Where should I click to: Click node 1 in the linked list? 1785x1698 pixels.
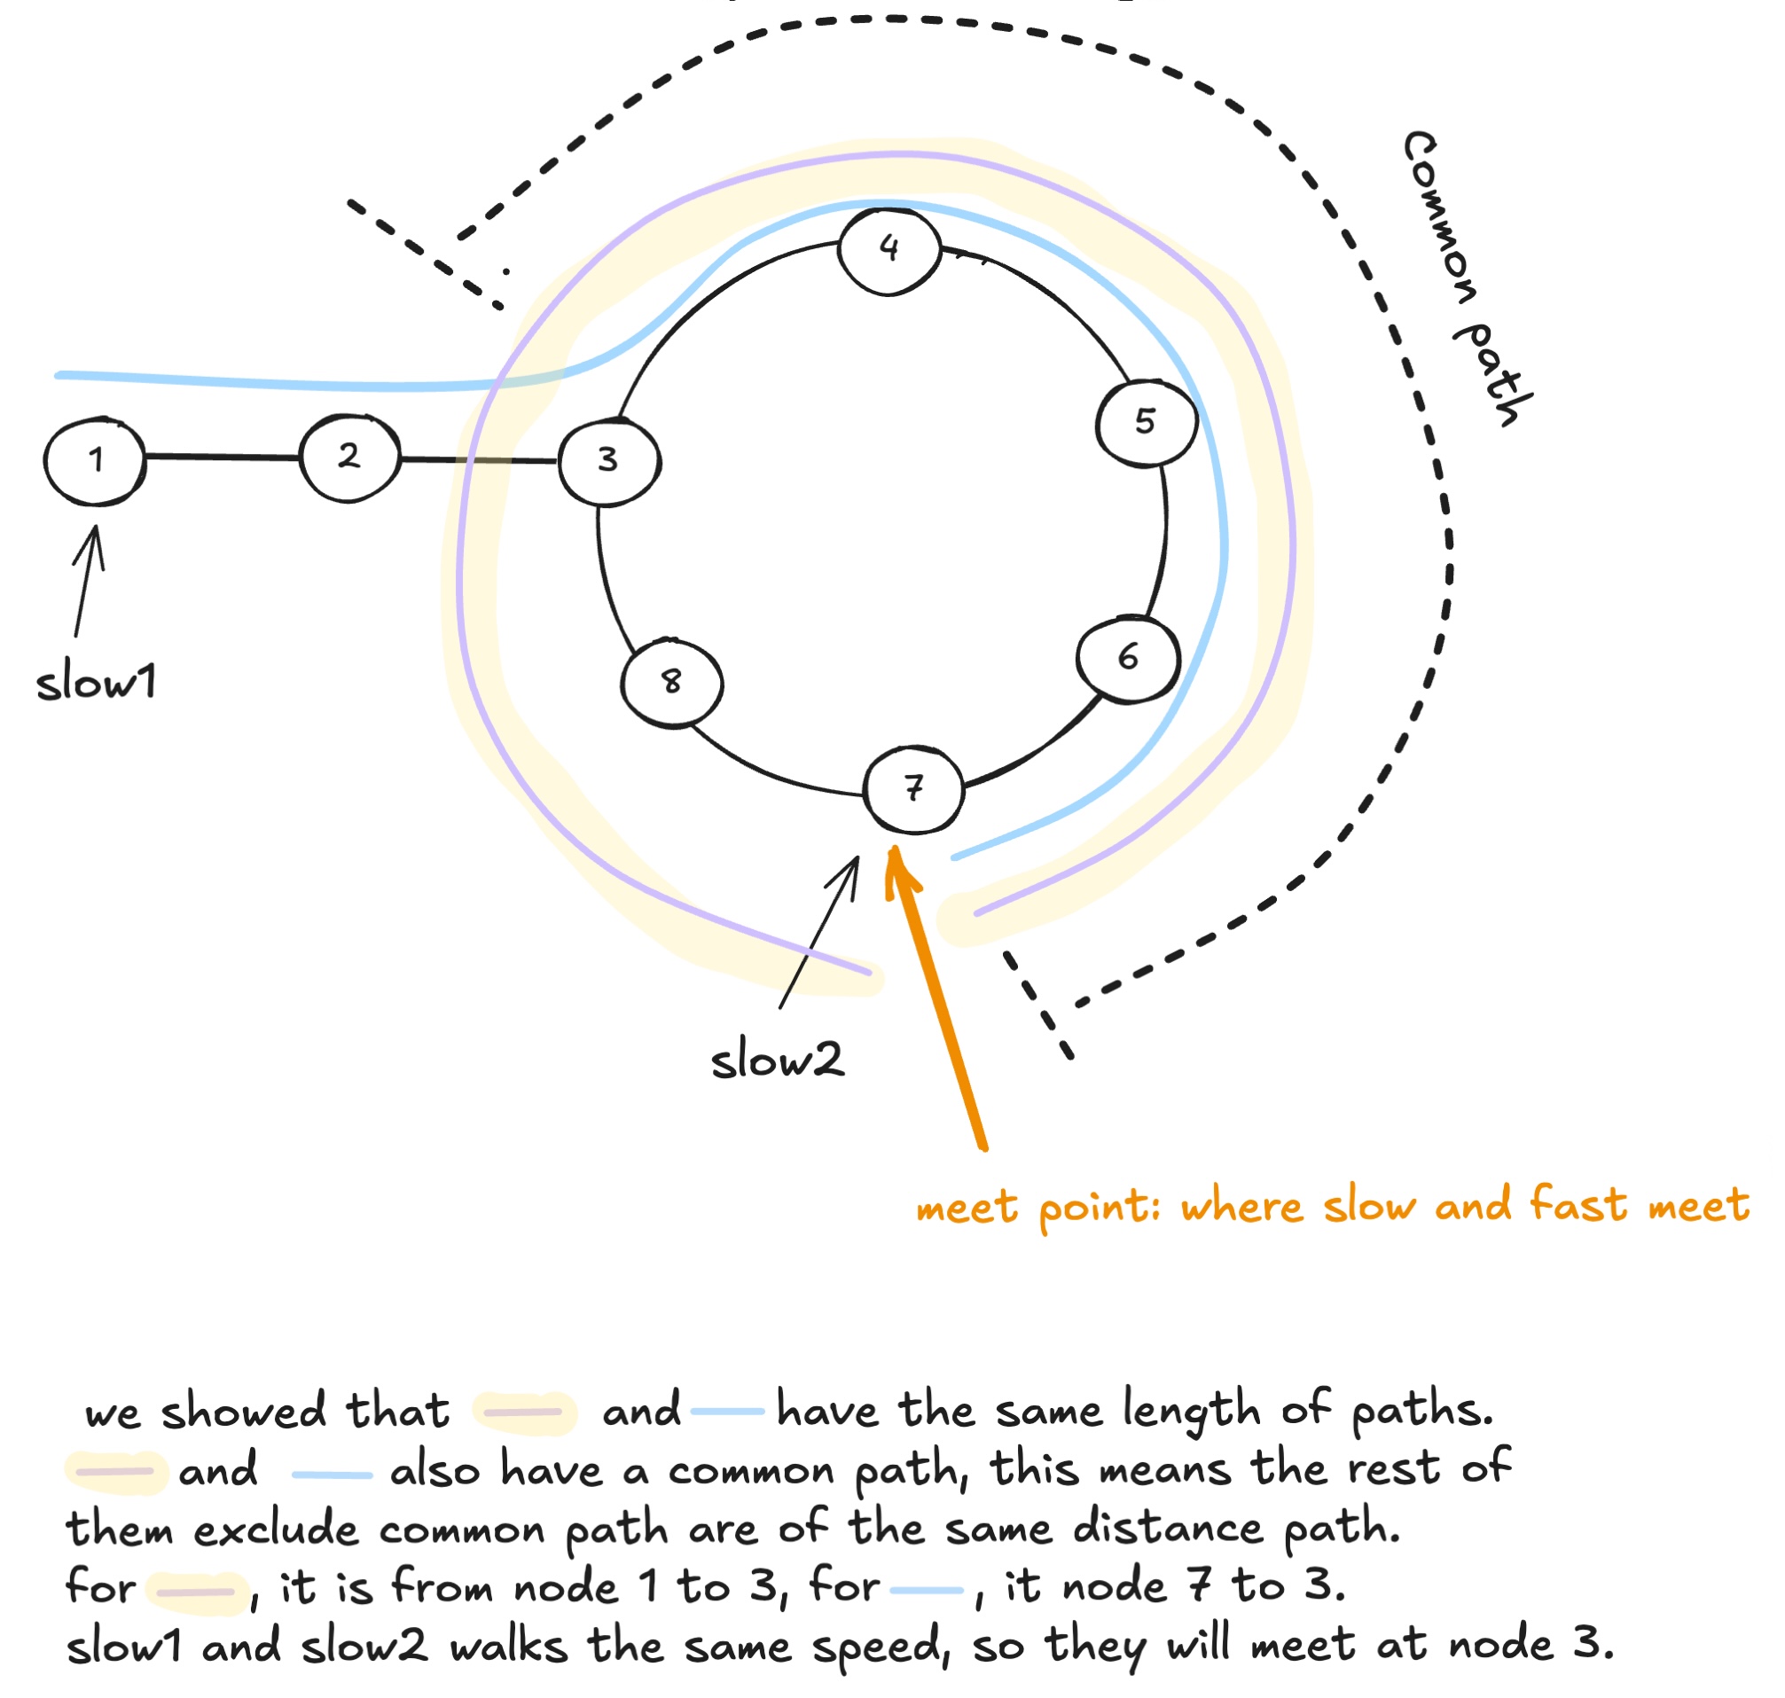[95, 461]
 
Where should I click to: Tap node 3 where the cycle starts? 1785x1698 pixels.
[608, 462]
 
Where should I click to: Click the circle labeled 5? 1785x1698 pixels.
[1146, 423]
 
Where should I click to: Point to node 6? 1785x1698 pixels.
[1128, 660]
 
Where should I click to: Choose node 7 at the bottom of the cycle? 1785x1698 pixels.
[913, 789]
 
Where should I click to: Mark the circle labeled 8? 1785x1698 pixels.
[671, 684]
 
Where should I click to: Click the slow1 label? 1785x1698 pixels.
[96, 683]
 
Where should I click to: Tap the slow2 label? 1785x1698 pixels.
[778, 1060]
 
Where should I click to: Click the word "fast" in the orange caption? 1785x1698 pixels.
[1577, 1206]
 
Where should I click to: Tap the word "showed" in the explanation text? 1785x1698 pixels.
[244, 1412]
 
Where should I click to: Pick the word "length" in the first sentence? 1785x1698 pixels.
[1192, 1412]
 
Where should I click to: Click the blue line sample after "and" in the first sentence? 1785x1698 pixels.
[727, 1412]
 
